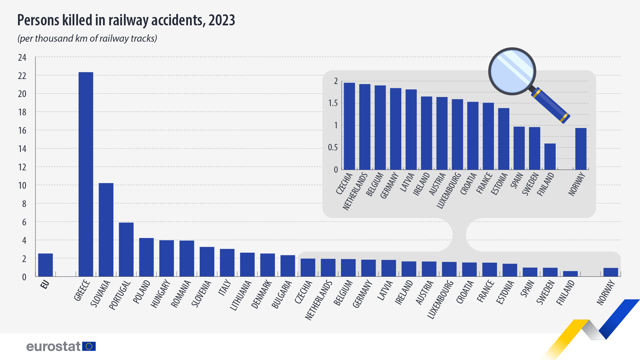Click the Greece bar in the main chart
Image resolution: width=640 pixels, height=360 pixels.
(86, 174)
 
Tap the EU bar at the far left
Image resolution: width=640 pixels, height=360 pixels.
(45, 265)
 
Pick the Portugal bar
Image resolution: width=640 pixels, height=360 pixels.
(126, 249)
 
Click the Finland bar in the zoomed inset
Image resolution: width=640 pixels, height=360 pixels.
(550, 157)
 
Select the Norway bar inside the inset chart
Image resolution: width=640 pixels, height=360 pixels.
(581, 149)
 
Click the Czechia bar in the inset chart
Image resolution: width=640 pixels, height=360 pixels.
(349, 126)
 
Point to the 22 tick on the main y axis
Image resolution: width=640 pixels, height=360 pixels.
(22, 76)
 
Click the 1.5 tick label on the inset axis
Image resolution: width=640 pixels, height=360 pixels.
(333, 103)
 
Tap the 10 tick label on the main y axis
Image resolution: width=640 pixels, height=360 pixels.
(22, 186)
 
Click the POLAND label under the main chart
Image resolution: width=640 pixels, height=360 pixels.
(142, 292)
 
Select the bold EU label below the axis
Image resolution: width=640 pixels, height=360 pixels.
(45, 284)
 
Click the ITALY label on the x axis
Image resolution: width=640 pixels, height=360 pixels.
(225, 288)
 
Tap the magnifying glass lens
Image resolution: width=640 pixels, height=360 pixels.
(512, 71)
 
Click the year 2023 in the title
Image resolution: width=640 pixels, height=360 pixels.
(222, 21)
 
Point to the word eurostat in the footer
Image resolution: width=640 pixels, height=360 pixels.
(53, 347)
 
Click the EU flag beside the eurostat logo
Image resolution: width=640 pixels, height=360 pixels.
(89, 346)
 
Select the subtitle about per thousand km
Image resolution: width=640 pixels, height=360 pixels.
(87, 39)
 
